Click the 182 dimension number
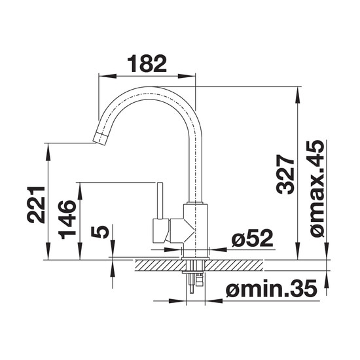pos(147,63)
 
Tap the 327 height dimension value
pos(285,174)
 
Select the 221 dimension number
pos(36,205)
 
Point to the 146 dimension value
pos(67,219)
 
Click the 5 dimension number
pos(100,232)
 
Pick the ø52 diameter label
pos(252,238)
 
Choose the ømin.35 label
pos(272,288)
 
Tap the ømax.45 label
pos(316,189)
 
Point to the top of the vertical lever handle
pos(160,183)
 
